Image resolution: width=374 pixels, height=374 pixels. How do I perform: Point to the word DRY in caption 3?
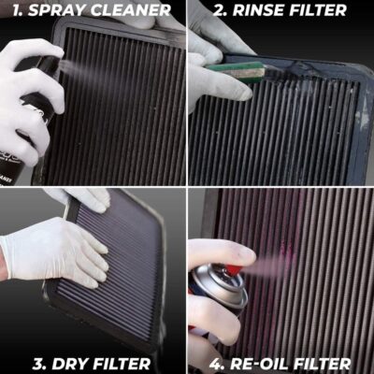tap(57, 363)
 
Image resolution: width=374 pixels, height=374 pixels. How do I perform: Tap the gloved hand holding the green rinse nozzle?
tap(210, 56)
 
